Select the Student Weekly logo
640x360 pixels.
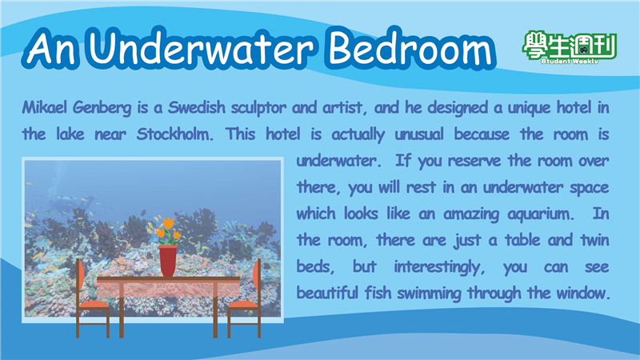pos(570,47)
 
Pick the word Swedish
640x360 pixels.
pos(196,107)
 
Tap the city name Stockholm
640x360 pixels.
pos(174,134)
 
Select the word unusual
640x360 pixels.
pos(419,134)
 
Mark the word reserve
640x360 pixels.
pos(474,161)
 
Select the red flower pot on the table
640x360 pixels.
pos(168,261)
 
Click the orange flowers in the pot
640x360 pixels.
pos(167,231)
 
